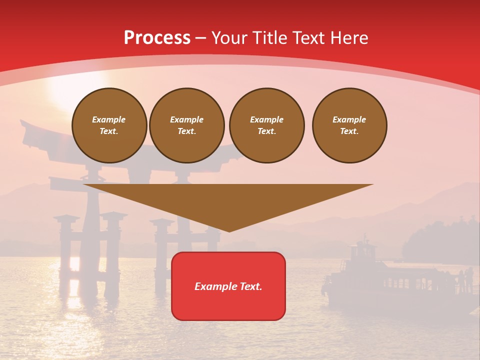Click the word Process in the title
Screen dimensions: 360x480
click(157, 38)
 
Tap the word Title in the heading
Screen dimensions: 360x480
click(268, 38)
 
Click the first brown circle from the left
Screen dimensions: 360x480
click(109, 125)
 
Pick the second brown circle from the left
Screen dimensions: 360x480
click(187, 125)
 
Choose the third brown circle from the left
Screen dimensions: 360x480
click(266, 125)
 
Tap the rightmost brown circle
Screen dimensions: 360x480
click(349, 125)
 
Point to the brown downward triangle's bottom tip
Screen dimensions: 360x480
click(229, 230)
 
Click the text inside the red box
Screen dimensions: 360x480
click(228, 286)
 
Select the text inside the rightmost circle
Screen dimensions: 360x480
click(349, 125)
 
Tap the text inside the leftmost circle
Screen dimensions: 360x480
click(109, 125)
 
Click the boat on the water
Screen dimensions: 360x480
click(380, 280)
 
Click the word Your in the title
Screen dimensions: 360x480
click(229, 38)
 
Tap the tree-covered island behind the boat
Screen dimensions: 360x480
click(440, 240)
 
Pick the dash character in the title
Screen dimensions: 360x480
click(201, 38)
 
